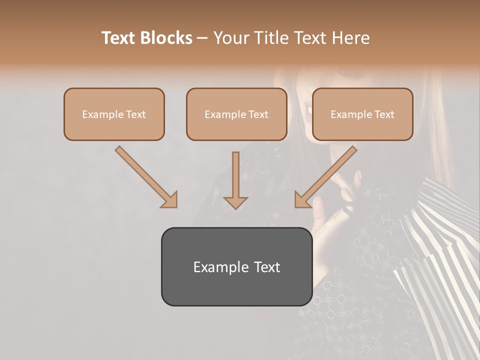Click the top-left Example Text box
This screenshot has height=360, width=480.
(114, 114)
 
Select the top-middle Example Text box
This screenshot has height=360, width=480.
(236, 114)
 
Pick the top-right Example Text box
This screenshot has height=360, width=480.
(362, 114)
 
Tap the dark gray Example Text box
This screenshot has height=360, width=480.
(236, 266)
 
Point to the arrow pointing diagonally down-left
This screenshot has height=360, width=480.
(326, 176)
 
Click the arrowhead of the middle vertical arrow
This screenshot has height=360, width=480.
(235, 202)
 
